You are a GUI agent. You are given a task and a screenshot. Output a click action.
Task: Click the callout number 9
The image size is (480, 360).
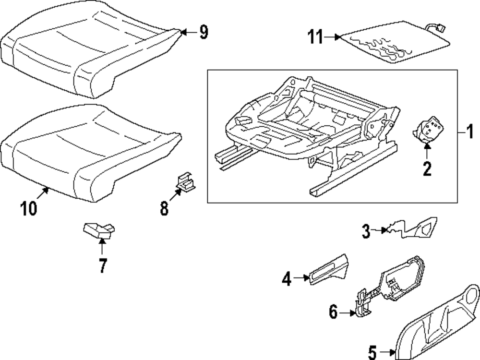tap(204, 33)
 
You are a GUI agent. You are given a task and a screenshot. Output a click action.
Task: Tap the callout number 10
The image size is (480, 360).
tap(29, 209)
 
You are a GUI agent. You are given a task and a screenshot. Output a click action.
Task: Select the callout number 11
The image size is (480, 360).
tap(316, 37)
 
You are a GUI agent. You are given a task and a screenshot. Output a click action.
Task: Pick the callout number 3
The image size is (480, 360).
tap(366, 232)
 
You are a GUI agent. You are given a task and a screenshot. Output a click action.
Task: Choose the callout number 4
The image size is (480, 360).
tap(287, 278)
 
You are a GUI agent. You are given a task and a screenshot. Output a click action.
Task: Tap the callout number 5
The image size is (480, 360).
tap(372, 353)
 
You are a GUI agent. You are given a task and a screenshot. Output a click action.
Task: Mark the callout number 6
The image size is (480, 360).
tap(334, 312)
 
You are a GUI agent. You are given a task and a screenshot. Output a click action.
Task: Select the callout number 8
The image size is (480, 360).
tap(164, 208)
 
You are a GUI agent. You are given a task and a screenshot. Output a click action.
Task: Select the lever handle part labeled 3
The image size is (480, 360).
tap(418, 228)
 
